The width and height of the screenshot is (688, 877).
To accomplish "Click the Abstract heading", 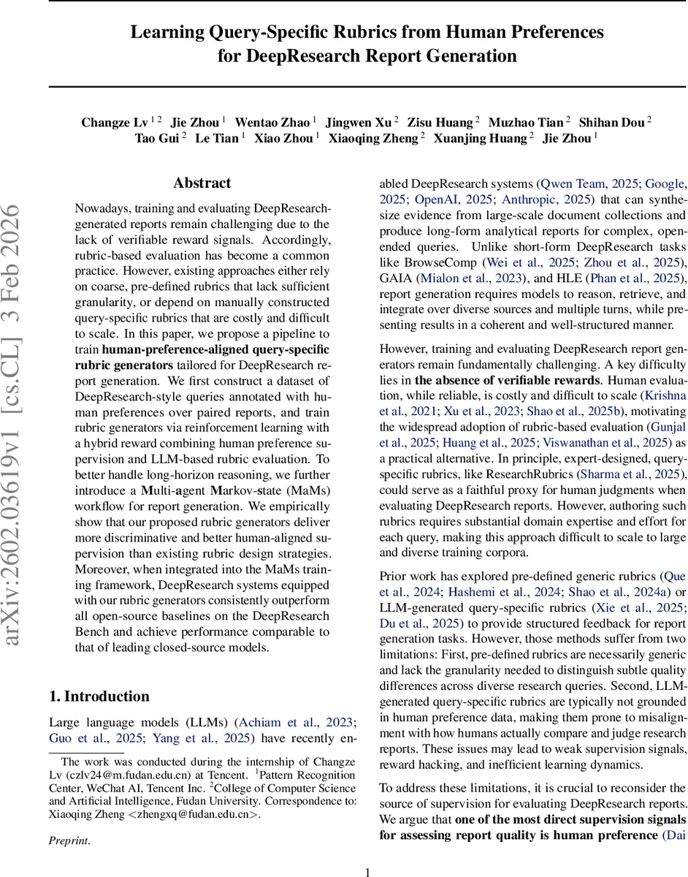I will [202, 183].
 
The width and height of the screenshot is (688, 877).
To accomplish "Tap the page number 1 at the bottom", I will [367, 871].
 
